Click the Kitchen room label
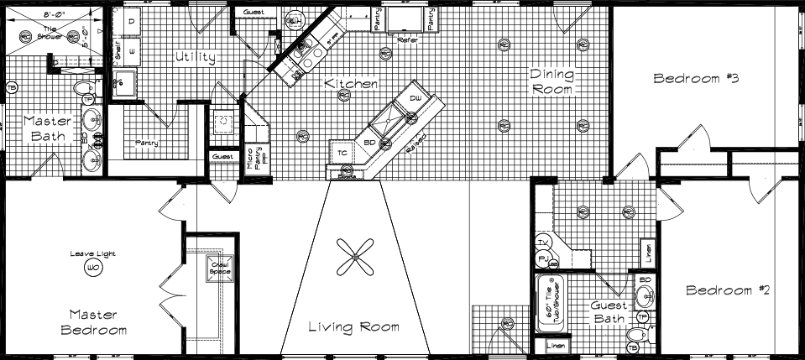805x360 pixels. point(351,85)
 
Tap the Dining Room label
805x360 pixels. point(551,81)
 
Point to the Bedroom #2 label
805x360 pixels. point(728,291)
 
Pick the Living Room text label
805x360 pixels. point(353,326)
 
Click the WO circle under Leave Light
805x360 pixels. point(92,267)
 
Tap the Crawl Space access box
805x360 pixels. point(220,269)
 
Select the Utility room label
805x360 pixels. point(196,58)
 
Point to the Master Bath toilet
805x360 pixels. point(82,88)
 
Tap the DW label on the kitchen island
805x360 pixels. point(415,99)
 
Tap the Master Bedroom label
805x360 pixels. point(98,322)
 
